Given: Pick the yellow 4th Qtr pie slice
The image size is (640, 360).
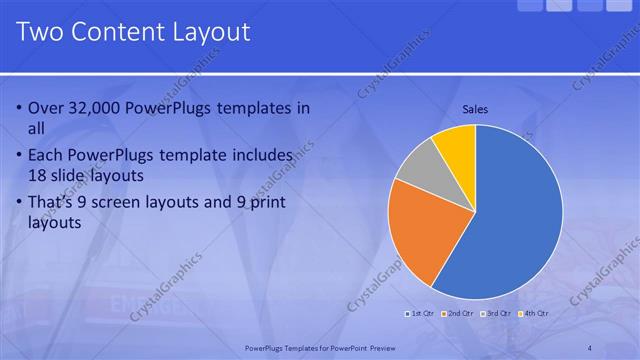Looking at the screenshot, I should (x=456, y=143).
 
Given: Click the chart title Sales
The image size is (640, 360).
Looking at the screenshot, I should (x=475, y=109).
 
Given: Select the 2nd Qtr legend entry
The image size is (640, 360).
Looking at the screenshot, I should (x=459, y=313).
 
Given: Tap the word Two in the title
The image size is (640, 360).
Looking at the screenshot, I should (x=41, y=32).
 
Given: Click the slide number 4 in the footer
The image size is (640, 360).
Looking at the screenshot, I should (x=590, y=347).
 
